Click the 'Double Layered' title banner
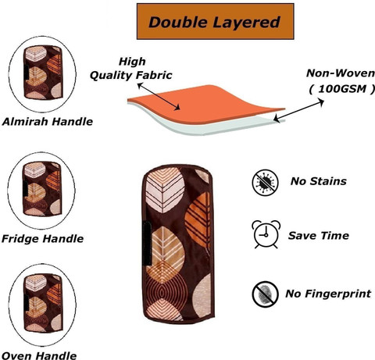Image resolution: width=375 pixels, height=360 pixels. [216, 21]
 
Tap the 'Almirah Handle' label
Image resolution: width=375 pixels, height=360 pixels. [48, 122]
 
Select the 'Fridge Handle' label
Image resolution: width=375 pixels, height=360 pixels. [42, 239]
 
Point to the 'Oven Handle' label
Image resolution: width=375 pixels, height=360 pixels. [39, 355]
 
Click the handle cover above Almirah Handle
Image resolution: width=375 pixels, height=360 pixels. [43, 73]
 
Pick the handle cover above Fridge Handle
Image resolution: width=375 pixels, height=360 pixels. [42, 189]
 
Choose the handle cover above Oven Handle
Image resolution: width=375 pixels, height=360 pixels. [43, 303]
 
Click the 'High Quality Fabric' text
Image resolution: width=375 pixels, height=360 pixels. [131, 69]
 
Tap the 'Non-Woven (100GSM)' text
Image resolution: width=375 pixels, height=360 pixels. [341, 81]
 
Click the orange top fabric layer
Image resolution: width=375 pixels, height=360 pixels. [205, 104]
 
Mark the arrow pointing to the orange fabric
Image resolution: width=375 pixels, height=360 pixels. [159, 96]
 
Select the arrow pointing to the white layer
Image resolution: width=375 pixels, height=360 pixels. [298, 111]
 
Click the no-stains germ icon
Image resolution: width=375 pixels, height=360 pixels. [265, 182]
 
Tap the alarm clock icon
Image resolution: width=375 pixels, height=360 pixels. [266, 233]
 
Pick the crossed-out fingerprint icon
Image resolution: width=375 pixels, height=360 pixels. [265, 294]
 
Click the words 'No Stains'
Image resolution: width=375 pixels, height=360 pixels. [319, 181]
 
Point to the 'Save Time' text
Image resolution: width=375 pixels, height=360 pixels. [319, 236]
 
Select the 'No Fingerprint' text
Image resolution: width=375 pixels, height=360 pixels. [328, 294]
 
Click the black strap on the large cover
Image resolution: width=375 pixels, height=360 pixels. [147, 244]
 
